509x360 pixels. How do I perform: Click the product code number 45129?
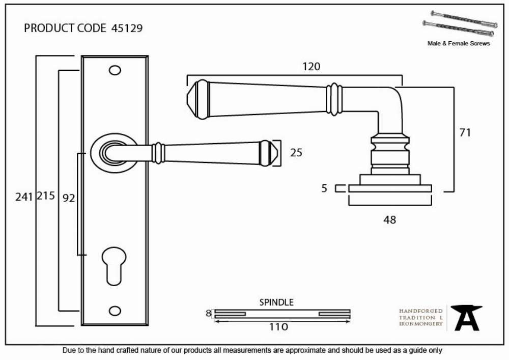pyautogui.click(x=127, y=28)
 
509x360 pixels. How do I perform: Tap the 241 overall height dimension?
pyautogui.click(x=24, y=197)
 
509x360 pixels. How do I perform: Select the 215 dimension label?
pyautogui.click(x=46, y=196)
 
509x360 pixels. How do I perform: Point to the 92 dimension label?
pyautogui.click(x=69, y=198)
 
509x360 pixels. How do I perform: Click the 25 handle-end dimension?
pyautogui.click(x=296, y=153)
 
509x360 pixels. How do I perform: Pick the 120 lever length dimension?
pyautogui.click(x=312, y=67)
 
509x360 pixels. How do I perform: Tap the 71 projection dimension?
pyautogui.click(x=465, y=132)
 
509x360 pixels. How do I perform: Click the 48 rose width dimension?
pyautogui.click(x=389, y=220)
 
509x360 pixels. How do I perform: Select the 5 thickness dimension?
pyautogui.click(x=324, y=188)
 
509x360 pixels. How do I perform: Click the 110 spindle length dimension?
pyautogui.click(x=278, y=326)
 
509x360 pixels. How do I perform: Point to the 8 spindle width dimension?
pyautogui.click(x=208, y=313)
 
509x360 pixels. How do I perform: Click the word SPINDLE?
pyautogui.click(x=276, y=302)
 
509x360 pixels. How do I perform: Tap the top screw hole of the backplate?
pyautogui.click(x=115, y=70)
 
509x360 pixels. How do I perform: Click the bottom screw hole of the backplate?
pyautogui.click(x=115, y=311)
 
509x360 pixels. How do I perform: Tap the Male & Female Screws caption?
pyautogui.click(x=459, y=43)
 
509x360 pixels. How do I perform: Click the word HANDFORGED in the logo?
pyautogui.click(x=421, y=311)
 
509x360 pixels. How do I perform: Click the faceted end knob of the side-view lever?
pyautogui.click(x=198, y=99)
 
